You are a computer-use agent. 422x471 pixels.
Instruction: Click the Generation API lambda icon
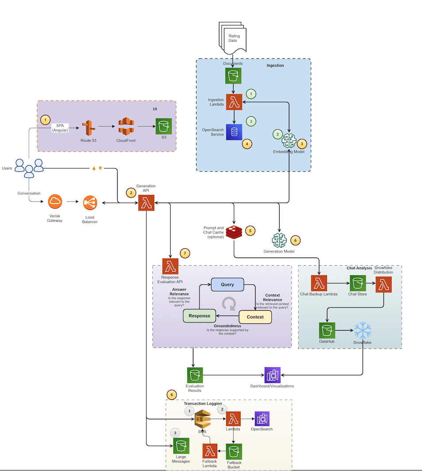146,203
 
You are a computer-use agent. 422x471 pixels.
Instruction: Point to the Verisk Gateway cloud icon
55,202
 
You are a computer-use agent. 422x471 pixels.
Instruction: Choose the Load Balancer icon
90,203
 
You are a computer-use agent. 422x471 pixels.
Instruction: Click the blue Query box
227,285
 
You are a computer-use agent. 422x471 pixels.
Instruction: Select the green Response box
199,316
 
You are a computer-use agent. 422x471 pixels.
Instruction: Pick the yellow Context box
255,317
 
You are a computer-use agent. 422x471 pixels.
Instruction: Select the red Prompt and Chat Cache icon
234,232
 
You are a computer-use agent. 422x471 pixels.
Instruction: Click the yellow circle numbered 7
185,253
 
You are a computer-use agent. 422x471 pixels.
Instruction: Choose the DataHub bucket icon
327,330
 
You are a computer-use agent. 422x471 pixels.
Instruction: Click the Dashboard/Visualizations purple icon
272,375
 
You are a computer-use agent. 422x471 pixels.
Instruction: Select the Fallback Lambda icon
210,451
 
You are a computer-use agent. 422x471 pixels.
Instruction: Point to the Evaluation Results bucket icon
195,375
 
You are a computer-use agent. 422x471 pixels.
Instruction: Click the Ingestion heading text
275,65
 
